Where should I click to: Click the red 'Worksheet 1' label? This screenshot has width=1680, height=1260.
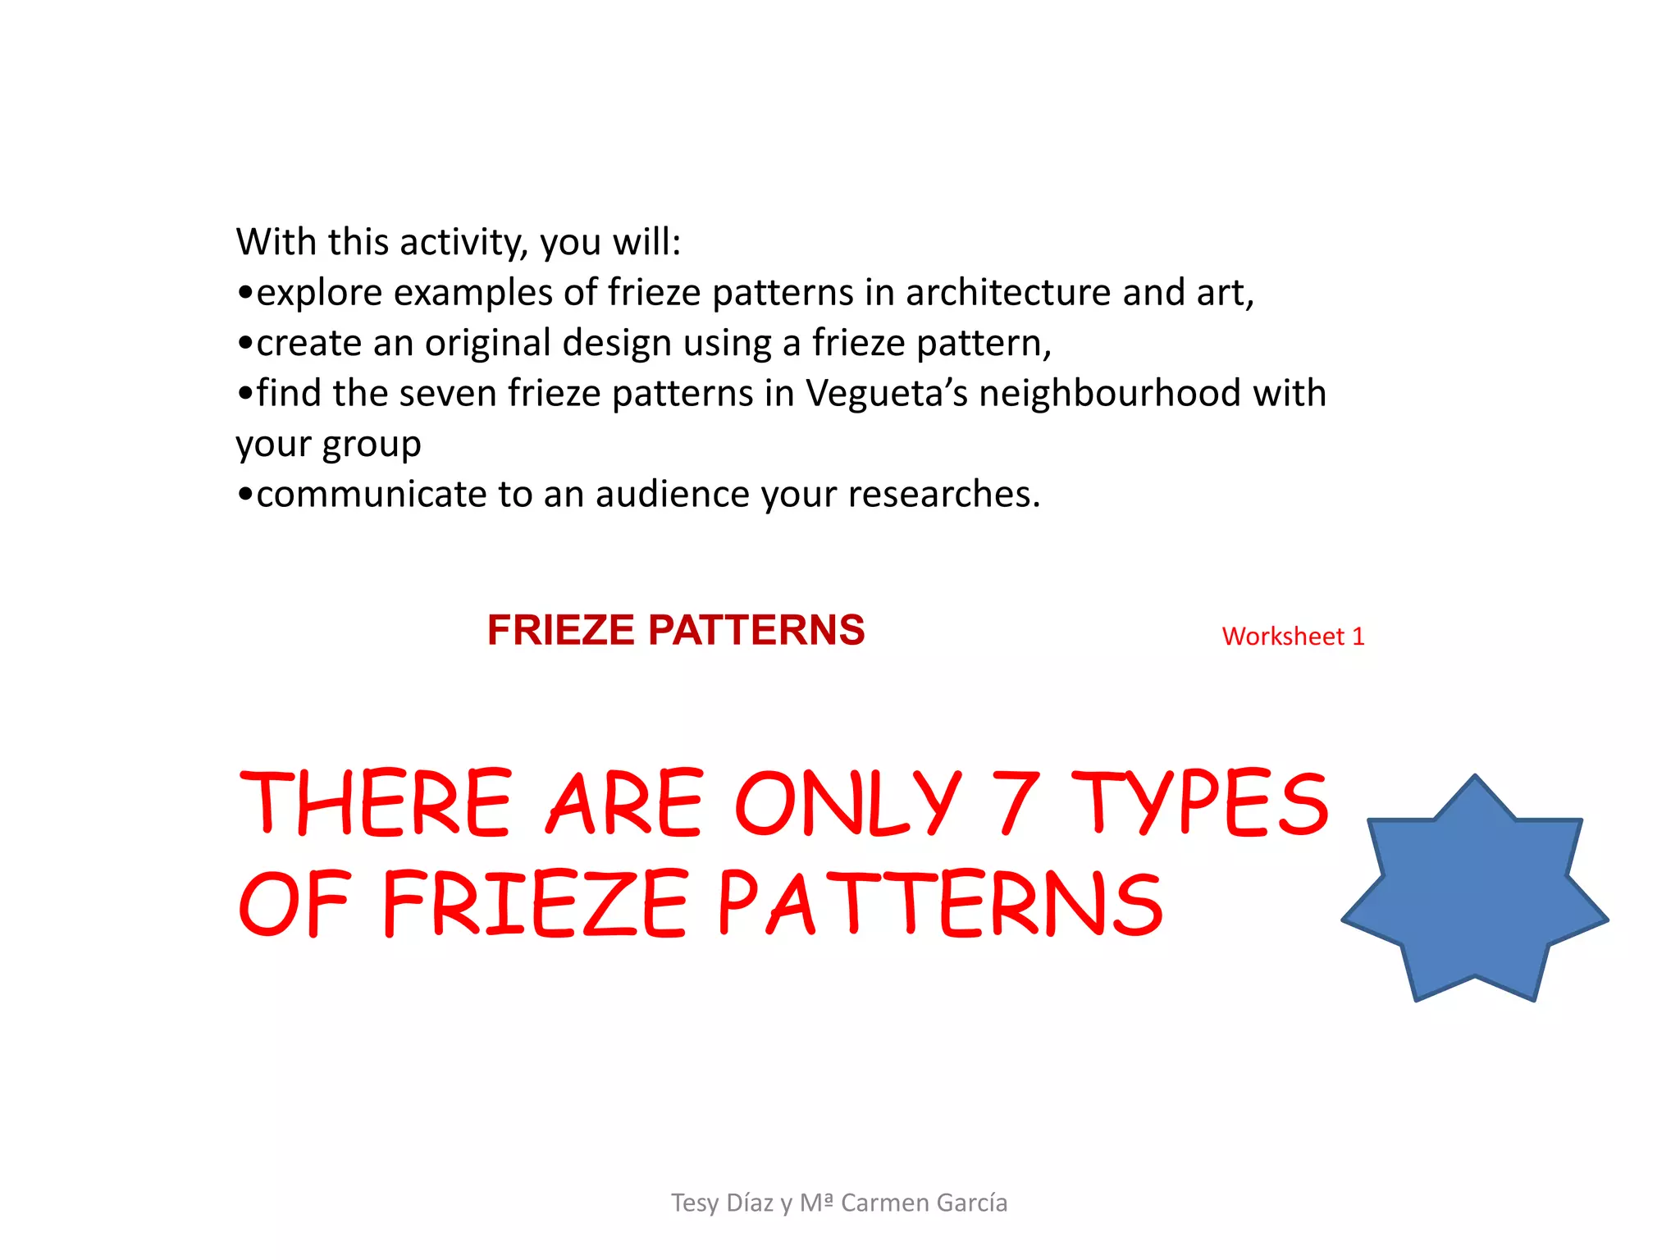click(1293, 637)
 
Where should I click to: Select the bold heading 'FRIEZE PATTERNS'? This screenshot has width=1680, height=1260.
click(676, 630)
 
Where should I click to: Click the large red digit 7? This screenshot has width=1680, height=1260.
click(1016, 803)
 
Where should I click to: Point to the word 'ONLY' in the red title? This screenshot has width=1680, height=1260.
click(847, 803)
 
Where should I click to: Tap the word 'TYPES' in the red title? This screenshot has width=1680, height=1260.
click(1199, 803)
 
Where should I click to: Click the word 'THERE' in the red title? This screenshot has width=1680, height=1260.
click(376, 803)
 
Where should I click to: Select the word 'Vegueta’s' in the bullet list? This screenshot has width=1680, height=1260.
click(887, 394)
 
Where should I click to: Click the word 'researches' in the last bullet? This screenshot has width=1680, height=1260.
click(939, 495)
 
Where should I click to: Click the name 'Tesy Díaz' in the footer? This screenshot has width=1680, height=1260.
click(722, 1203)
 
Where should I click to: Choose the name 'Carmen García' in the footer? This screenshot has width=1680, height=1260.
click(924, 1203)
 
